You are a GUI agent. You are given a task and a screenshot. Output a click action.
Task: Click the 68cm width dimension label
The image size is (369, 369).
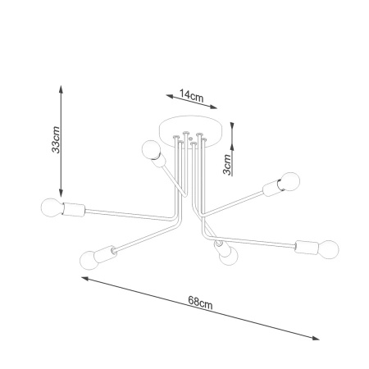[200, 303]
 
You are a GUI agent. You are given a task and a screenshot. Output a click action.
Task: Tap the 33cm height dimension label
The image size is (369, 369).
[56, 139]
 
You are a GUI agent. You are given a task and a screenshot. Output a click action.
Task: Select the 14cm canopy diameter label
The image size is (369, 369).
[192, 95]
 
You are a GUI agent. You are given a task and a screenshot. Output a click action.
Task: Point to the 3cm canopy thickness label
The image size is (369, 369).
[227, 164]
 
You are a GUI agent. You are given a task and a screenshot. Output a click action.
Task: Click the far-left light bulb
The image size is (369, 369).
[52, 207]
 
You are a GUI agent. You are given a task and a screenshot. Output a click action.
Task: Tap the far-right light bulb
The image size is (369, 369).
[329, 249]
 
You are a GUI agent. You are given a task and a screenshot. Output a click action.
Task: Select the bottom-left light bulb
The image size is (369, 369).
[89, 260]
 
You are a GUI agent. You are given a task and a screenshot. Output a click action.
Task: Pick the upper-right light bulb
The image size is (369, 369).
[290, 181]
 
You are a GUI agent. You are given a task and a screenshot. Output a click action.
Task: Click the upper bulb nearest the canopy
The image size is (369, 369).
[151, 150]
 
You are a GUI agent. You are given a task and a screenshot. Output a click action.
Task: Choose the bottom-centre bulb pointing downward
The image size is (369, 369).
[229, 257]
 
